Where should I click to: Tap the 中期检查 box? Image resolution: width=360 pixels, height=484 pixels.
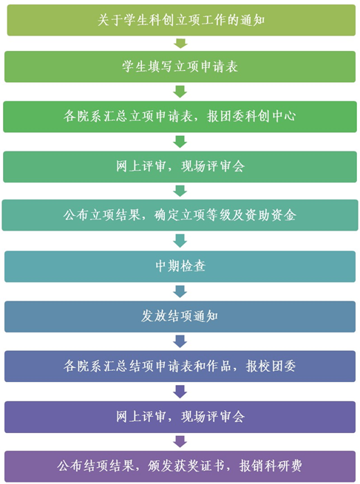[x=180, y=266]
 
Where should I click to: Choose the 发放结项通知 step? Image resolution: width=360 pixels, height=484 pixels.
[x=180, y=316]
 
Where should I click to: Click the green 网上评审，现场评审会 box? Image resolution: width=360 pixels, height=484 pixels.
[x=180, y=166]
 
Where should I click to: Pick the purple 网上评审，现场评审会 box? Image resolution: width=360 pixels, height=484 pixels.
[x=180, y=417]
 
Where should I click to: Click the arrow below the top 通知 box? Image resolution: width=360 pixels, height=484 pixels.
[x=180, y=43]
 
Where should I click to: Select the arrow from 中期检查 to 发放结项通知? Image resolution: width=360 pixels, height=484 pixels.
[x=180, y=291]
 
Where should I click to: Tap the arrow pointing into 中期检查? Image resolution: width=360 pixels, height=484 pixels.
[x=180, y=241]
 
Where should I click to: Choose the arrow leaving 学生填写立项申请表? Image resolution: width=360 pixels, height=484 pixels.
[x=180, y=92]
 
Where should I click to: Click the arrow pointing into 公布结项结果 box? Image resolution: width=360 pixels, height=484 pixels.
[x=180, y=442]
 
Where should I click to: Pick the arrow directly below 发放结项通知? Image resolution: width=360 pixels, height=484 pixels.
[x=180, y=341]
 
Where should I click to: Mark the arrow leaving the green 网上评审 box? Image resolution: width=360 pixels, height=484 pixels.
[x=180, y=191]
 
